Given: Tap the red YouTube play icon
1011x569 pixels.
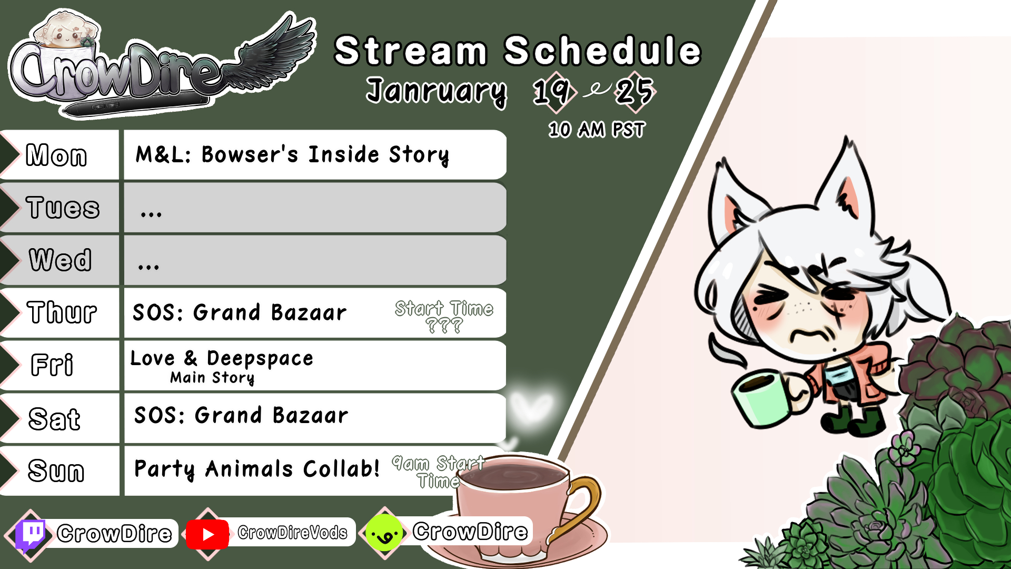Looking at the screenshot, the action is click(x=207, y=534).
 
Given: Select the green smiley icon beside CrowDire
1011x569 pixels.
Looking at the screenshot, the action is click(x=384, y=533).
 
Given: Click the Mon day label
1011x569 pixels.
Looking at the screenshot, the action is click(x=56, y=155).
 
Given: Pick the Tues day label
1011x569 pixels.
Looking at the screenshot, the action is click(x=63, y=208).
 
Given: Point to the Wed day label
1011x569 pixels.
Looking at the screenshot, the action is click(x=60, y=260).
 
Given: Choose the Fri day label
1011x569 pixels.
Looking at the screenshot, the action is click(x=52, y=365).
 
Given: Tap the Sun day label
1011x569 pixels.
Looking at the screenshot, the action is click(x=56, y=470).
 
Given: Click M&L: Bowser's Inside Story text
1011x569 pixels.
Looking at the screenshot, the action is click(x=293, y=155).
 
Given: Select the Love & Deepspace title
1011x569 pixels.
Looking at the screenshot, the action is click(x=222, y=358).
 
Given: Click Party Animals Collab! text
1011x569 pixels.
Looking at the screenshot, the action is click(x=256, y=468).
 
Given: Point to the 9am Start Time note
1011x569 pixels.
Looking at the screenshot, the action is click(x=438, y=472).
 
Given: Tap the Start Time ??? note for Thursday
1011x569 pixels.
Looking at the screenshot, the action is click(x=444, y=316).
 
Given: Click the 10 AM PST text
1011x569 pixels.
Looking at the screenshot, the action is click(x=597, y=130).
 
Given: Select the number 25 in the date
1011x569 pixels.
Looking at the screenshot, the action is click(x=635, y=92).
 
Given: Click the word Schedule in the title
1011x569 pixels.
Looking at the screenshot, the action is click(x=603, y=51).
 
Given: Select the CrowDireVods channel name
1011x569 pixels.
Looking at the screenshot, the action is click(x=292, y=533).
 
